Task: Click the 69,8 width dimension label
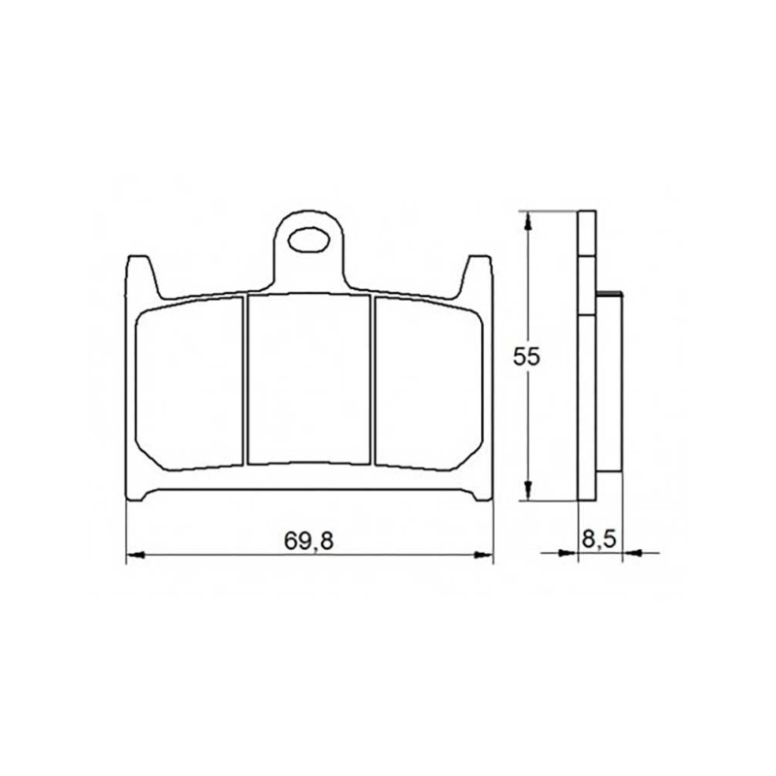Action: pos(308,540)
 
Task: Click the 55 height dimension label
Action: pos(526,356)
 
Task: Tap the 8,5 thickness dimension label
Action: pos(598,539)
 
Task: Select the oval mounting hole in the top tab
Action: pos(308,240)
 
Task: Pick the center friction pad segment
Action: pos(308,379)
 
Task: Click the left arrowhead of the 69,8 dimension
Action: pos(135,555)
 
